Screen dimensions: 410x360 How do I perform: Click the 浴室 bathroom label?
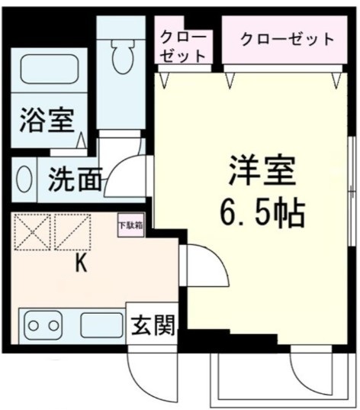[x=47, y=121]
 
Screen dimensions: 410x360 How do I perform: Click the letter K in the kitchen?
[x=81, y=264]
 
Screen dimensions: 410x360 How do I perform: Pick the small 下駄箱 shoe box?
[x=129, y=226]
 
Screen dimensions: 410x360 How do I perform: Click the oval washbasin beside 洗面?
[x=24, y=181]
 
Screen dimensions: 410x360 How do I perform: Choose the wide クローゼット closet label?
[x=288, y=39]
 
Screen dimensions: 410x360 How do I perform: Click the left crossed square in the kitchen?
[x=31, y=232]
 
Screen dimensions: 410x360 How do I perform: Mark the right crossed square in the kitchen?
[x=72, y=232]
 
